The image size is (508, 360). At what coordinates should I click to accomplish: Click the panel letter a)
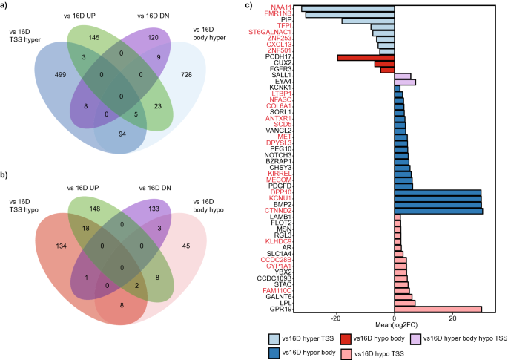click(7, 6)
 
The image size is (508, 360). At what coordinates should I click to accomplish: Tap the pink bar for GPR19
click(438, 309)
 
